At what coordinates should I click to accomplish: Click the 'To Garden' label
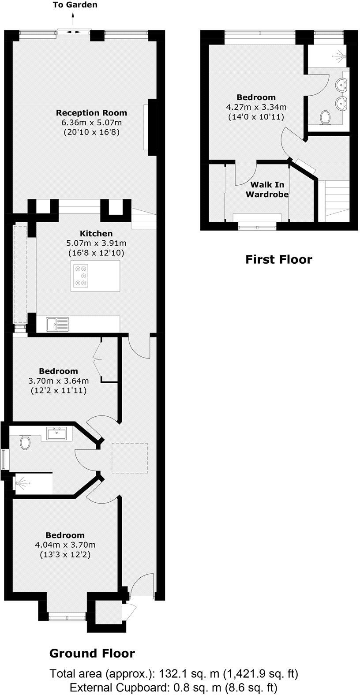pyautogui.click(x=75, y=5)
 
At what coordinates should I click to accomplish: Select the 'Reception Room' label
pyautogui.click(x=91, y=113)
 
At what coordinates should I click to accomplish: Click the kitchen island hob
pyautogui.click(x=81, y=276)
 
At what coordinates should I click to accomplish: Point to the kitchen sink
pyautogui.click(x=57, y=325)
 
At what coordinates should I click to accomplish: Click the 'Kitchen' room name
pyautogui.click(x=96, y=233)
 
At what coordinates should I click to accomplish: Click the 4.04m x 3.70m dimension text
pyautogui.click(x=65, y=545)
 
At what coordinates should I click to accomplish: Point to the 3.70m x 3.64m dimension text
pyautogui.click(x=58, y=381)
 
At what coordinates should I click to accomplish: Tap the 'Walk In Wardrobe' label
pyautogui.click(x=267, y=189)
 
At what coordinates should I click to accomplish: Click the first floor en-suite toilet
pyautogui.click(x=326, y=118)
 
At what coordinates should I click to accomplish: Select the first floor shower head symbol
pyautogui.click(x=340, y=56)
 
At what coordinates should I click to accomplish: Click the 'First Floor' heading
pyautogui.click(x=278, y=259)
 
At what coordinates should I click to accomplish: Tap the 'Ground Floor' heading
pyautogui.click(x=92, y=653)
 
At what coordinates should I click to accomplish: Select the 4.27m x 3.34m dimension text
pyautogui.click(x=256, y=107)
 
